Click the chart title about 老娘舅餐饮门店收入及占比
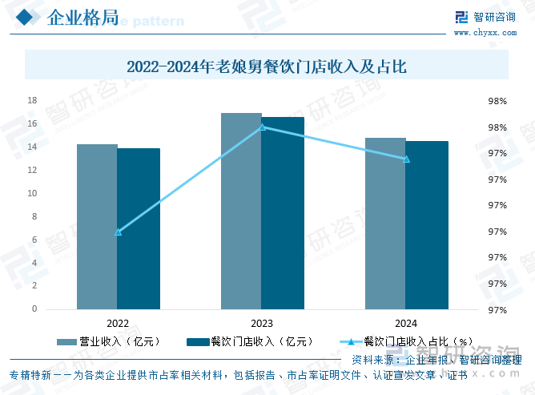click(x=267, y=67)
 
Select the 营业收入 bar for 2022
click(x=97, y=227)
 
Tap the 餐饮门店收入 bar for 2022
click(x=139, y=228)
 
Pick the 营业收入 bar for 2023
click(x=241, y=211)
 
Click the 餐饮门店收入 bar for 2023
click(x=283, y=213)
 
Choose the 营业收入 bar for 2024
click(x=385, y=224)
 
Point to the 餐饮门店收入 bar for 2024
click(x=427, y=225)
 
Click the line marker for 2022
click(x=118, y=232)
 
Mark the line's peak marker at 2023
click(x=262, y=127)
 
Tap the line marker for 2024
click(x=406, y=159)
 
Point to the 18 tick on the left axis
click(x=33, y=101)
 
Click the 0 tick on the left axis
click(x=34, y=309)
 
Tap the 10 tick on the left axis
click(x=33, y=193)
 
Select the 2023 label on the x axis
click(x=262, y=323)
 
